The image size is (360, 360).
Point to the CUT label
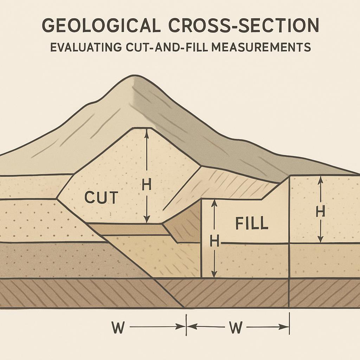tap(101, 198)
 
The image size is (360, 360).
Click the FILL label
tap(252, 223)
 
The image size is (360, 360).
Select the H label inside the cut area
tap(146, 185)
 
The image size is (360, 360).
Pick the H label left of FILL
tap(214, 241)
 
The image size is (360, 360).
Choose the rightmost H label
tap(320, 212)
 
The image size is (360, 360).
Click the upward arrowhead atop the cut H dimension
tap(147, 131)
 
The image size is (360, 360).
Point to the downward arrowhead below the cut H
tap(147, 220)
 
